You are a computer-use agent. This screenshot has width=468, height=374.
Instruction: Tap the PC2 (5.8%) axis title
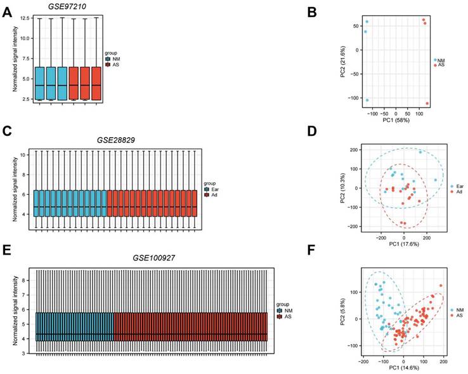(343, 308)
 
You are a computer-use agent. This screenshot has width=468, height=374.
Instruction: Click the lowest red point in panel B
(427, 104)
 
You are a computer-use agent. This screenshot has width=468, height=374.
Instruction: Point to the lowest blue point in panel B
(367, 100)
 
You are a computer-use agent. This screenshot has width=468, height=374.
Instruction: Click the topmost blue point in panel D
(420, 152)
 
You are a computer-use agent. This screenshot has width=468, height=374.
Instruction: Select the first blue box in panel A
(39, 83)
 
